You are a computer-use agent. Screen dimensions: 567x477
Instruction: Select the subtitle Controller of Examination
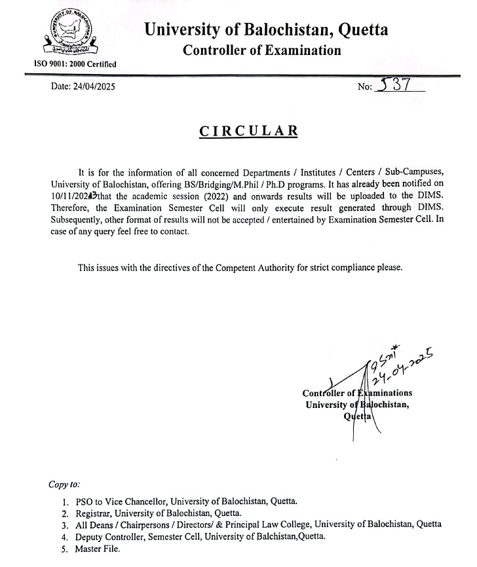[x=261, y=50]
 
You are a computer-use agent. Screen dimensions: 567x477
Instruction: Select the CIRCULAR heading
[x=248, y=130]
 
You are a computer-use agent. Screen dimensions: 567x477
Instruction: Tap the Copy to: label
[x=64, y=485]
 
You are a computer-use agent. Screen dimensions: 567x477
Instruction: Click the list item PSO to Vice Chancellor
[x=186, y=502]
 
